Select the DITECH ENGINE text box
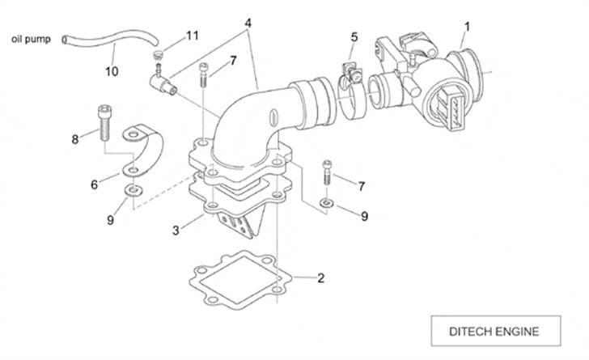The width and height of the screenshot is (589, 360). [x=494, y=331]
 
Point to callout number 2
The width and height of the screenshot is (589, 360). [x=320, y=279]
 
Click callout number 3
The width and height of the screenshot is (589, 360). [x=175, y=231]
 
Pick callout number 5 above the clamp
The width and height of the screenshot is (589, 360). [x=354, y=37]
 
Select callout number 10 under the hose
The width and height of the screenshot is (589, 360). [x=112, y=71]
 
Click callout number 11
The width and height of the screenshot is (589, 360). [x=192, y=36]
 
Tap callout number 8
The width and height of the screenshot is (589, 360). [x=74, y=138]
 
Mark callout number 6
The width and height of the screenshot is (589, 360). [x=94, y=184]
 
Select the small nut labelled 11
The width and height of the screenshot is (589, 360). [x=159, y=56]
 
